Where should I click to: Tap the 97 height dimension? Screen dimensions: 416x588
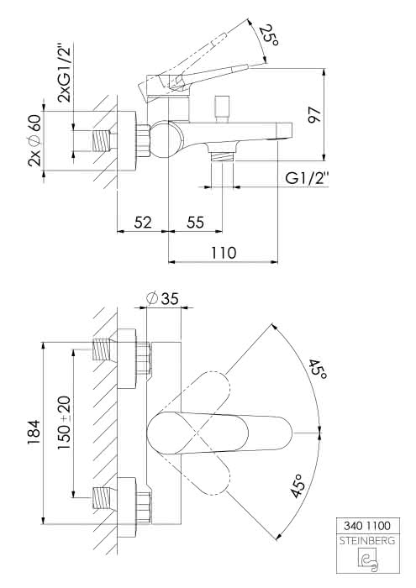(x=314, y=115)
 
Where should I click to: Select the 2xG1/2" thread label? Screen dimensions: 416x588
(x=64, y=73)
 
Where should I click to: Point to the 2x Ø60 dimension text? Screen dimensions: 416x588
(x=34, y=140)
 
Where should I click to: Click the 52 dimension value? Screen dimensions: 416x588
(x=143, y=223)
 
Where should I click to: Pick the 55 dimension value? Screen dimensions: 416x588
(x=196, y=223)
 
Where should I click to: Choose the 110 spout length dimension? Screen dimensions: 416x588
(x=224, y=253)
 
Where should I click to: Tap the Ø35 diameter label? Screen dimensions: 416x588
(x=163, y=298)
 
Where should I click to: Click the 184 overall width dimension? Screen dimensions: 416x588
(x=34, y=433)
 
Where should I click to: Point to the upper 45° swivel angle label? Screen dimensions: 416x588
(x=318, y=369)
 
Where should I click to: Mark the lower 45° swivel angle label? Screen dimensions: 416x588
(x=298, y=486)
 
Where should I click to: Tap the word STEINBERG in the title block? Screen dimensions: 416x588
(x=367, y=541)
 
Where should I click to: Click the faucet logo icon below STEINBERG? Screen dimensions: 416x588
(x=368, y=560)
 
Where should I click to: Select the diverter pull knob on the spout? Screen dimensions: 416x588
(x=222, y=108)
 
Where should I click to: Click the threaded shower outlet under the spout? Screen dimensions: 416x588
(x=222, y=156)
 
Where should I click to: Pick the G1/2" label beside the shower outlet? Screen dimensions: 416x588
(x=307, y=178)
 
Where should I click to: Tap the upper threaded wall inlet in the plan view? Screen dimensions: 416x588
(x=102, y=349)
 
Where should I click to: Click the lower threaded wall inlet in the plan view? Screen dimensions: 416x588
(x=102, y=497)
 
